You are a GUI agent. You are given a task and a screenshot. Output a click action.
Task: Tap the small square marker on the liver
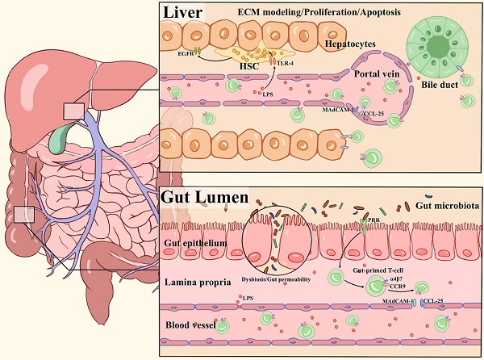click(73, 111)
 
